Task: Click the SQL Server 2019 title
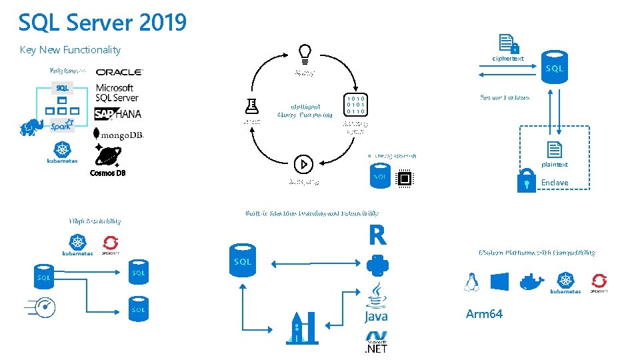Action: [x=103, y=23]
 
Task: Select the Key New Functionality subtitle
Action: [x=70, y=50]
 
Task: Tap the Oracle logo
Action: [x=119, y=72]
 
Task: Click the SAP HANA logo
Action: [x=118, y=113]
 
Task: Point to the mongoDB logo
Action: [x=119, y=135]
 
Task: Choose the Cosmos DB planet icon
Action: [x=107, y=156]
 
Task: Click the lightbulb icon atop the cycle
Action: [x=304, y=52]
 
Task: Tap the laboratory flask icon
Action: [x=251, y=105]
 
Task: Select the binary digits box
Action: [x=355, y=105]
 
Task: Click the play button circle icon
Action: [x=303, y=163]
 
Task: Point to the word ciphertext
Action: [x=508, y=59]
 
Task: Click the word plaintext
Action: [x=555, y=165]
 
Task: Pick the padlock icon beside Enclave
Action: [x=527, y=182]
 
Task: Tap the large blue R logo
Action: [x=377, y=235]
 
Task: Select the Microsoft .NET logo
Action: [x=376, y=342]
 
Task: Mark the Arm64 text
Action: [x=484, y=314]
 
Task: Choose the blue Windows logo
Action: [x=499, y=281]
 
